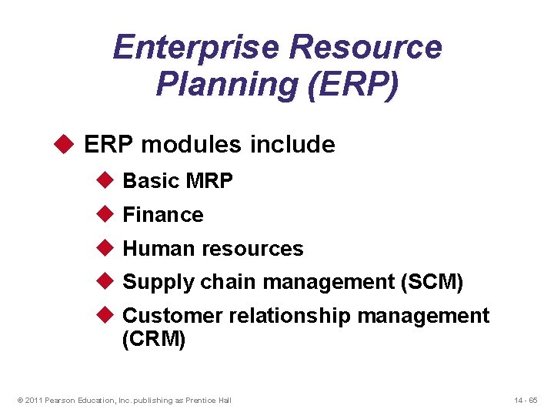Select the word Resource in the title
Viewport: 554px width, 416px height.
click(x=366, y=48)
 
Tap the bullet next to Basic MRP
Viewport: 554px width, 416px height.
click(x=105, y=180)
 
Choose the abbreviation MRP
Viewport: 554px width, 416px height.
click(x=208, y=181)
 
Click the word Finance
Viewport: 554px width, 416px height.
click(x=163, y=215)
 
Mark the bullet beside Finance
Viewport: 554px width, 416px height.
click(x=105, y=214)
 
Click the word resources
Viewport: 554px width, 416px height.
click(x=252, y=249)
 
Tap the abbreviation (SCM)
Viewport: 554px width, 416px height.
click(x=432, y=283)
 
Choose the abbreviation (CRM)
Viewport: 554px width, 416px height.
click(x=154, y=340)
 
